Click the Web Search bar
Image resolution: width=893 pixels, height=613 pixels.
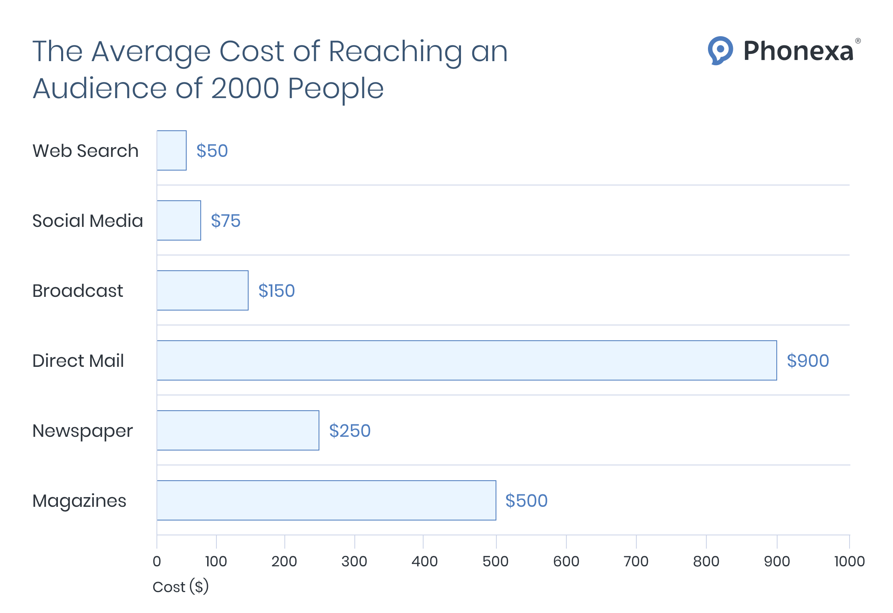(172, 150)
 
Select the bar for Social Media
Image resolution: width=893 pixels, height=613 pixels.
(179, 220)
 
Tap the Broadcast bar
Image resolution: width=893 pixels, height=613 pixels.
(203, 290)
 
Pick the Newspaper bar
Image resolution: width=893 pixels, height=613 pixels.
(238, 430)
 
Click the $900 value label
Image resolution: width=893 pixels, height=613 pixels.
(808, 361)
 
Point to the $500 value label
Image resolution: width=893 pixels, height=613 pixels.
(526, 501)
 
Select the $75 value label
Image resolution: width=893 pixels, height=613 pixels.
(226, 221)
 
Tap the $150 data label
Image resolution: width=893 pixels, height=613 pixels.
(276, 291)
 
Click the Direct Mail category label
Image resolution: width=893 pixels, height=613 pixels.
(78, 361)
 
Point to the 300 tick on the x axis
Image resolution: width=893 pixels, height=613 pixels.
(354, 561)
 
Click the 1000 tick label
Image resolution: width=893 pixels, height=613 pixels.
(849, 561)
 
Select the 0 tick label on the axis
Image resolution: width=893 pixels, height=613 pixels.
(157, 561)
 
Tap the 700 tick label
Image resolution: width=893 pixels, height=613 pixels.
(636, 561)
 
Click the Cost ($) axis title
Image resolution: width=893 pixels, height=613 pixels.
(181, 587)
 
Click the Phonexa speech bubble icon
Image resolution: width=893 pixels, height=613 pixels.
(720, 51)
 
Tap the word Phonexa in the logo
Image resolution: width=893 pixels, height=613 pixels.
(798, 51)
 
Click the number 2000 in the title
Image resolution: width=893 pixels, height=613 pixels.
(245, 88)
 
